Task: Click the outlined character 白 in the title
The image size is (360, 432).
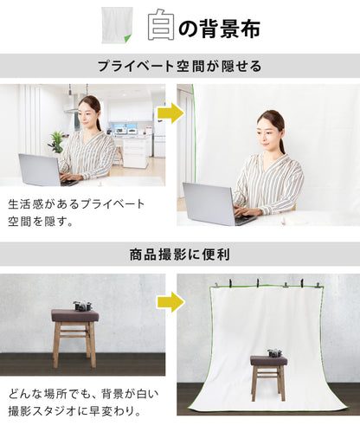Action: coord(161,25)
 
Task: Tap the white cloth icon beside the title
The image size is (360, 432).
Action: coord(117,25)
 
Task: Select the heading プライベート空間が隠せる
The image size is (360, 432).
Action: coord(179,66)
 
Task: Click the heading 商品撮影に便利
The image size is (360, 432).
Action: coord(180,255)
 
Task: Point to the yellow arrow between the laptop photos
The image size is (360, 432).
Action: coord(170,113)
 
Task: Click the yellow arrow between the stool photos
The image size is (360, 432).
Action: coord(170,302)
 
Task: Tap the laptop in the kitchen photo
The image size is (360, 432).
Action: coord(46,171)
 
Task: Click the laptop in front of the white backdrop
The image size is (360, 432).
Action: coord(216,204)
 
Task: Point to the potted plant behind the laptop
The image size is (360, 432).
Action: coord(56,142)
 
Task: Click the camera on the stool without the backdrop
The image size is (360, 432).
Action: coord(82,306)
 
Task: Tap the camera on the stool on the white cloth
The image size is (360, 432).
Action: coord(275,353)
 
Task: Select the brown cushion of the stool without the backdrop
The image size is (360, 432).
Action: coord(75,316)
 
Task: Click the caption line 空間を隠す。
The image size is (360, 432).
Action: coord(41,222)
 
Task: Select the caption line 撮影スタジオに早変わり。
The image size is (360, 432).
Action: coord(74,411)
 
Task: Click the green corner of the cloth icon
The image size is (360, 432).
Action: coord(127,38)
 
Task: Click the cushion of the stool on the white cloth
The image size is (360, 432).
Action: coord(269,361)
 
